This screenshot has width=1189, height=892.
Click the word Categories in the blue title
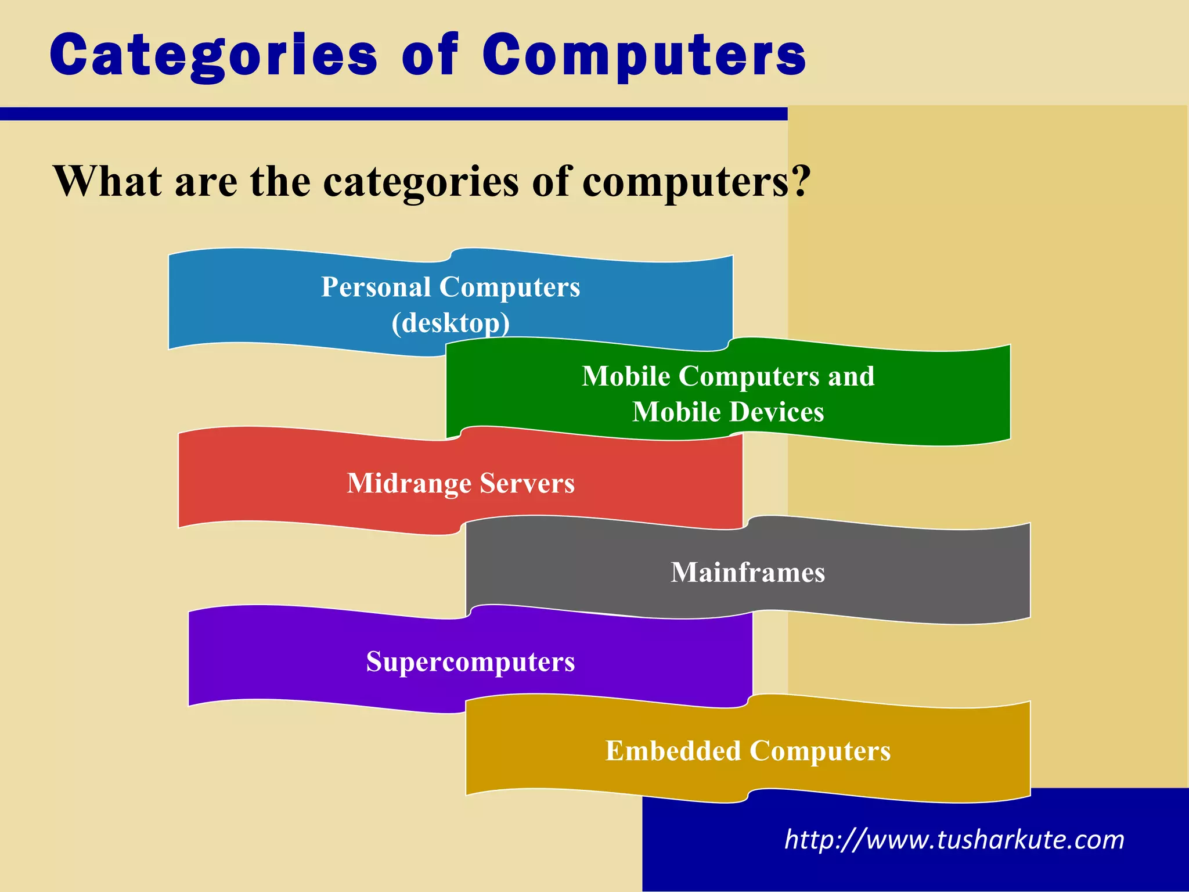(x=214, y=55)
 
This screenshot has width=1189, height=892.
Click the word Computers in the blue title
(x=644, y=55)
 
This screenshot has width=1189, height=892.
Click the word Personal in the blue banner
(x=376, y=287)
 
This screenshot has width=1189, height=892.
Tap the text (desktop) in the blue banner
(x=451, y=323)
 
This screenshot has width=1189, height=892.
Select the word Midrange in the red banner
(x=409, y=484)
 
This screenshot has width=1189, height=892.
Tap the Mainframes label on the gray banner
(x=748, y=573)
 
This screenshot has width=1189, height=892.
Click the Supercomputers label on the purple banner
(x=470, y=662)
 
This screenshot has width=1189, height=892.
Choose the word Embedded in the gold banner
(x=673, y=751)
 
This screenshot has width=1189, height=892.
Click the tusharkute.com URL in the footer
(x=954, y=840)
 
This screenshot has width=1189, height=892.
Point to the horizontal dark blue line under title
(x=394, y=114)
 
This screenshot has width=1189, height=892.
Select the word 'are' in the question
(x=206, y=182)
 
